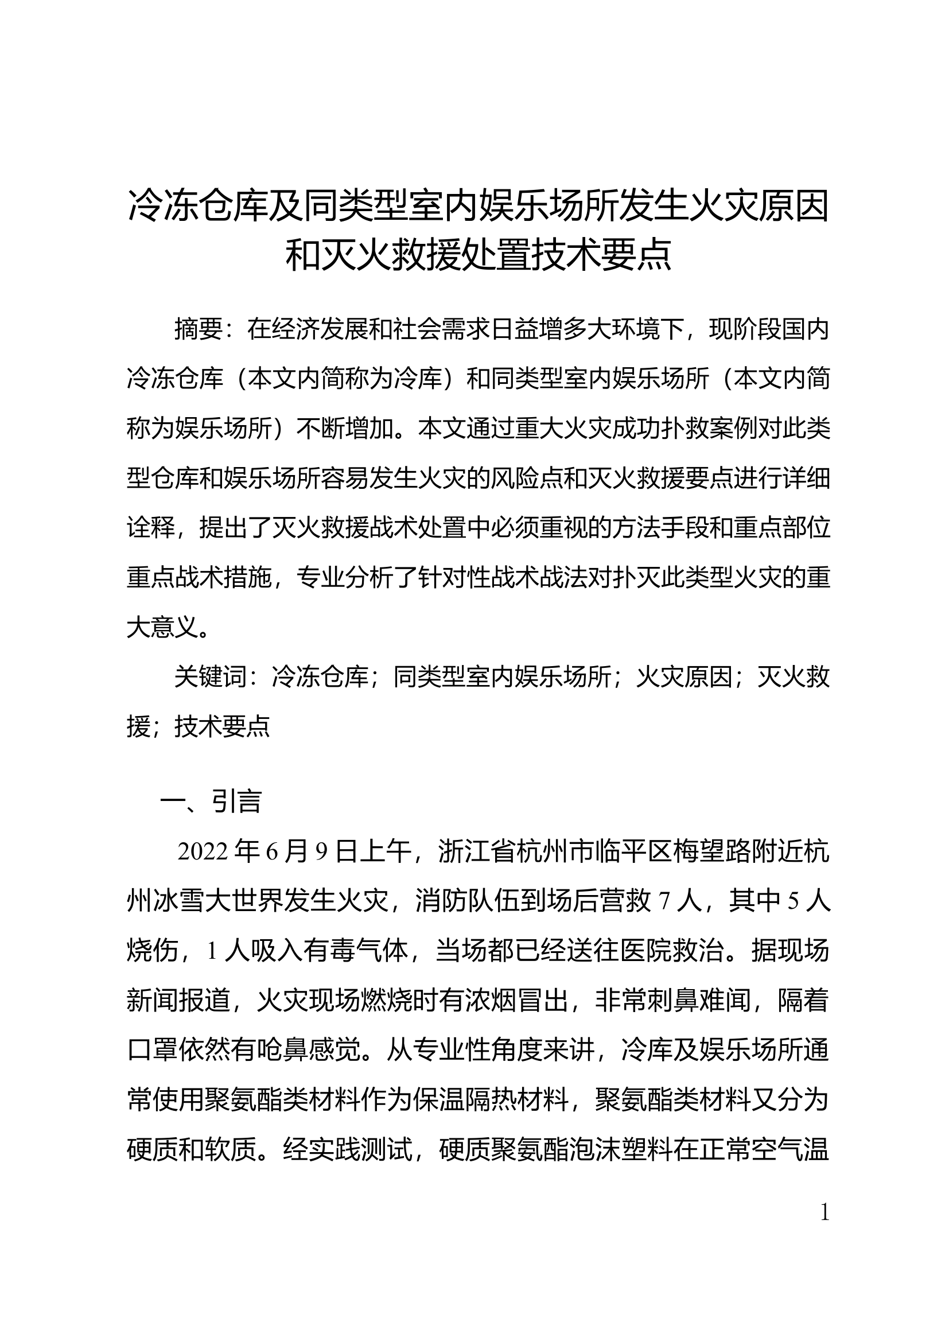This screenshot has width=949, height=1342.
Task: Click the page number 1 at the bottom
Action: [824, 1213]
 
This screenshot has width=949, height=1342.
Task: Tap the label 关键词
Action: [210, 678]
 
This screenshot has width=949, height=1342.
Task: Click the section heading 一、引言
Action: [211, 802]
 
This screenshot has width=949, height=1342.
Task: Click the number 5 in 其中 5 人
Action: [794, 903]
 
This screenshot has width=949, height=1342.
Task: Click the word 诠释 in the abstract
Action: [151, 529]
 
